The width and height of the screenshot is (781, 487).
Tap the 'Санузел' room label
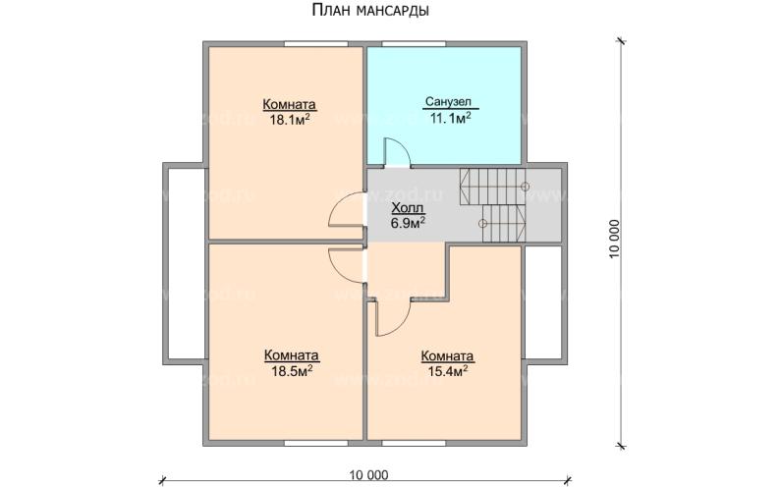(449, 101)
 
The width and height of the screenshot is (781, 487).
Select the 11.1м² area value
(449, 118)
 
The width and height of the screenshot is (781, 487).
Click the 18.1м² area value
(289, 121)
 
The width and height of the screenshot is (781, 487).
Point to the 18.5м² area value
(291, 371)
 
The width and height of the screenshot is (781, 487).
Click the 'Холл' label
(408, 208)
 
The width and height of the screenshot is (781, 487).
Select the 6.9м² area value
(408, 224)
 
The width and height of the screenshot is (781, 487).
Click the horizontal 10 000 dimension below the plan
(368, 474)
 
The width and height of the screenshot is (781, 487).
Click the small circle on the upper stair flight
(525, 186)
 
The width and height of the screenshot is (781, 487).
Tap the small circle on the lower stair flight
(482, 224)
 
